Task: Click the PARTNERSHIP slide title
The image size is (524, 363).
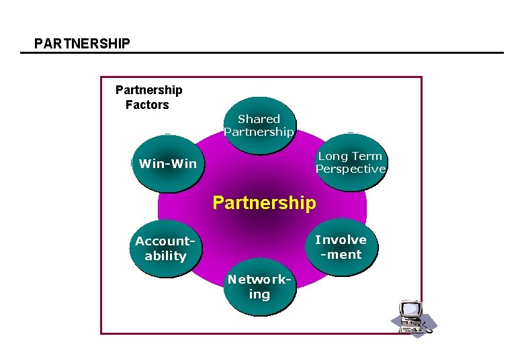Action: (x=82, y=44)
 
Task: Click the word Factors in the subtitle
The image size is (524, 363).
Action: (x=147, y=105)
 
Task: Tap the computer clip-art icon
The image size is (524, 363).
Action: (x=412, y=317)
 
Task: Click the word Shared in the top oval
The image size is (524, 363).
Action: (x=259, y=119)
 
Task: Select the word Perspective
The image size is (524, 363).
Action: (x=351, y=169)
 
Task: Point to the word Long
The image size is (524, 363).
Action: (x=331, y=156)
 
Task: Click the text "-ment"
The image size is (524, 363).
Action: (x=341, y=255)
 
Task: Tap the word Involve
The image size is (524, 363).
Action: (x=341, y=240)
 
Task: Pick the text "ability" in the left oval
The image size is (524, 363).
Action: (x=165, y=256)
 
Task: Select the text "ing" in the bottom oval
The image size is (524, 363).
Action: (x=259, y=294)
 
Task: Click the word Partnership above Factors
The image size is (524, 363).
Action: (x=148, y=90)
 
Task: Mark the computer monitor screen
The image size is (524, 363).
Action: (x=409, y=310)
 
